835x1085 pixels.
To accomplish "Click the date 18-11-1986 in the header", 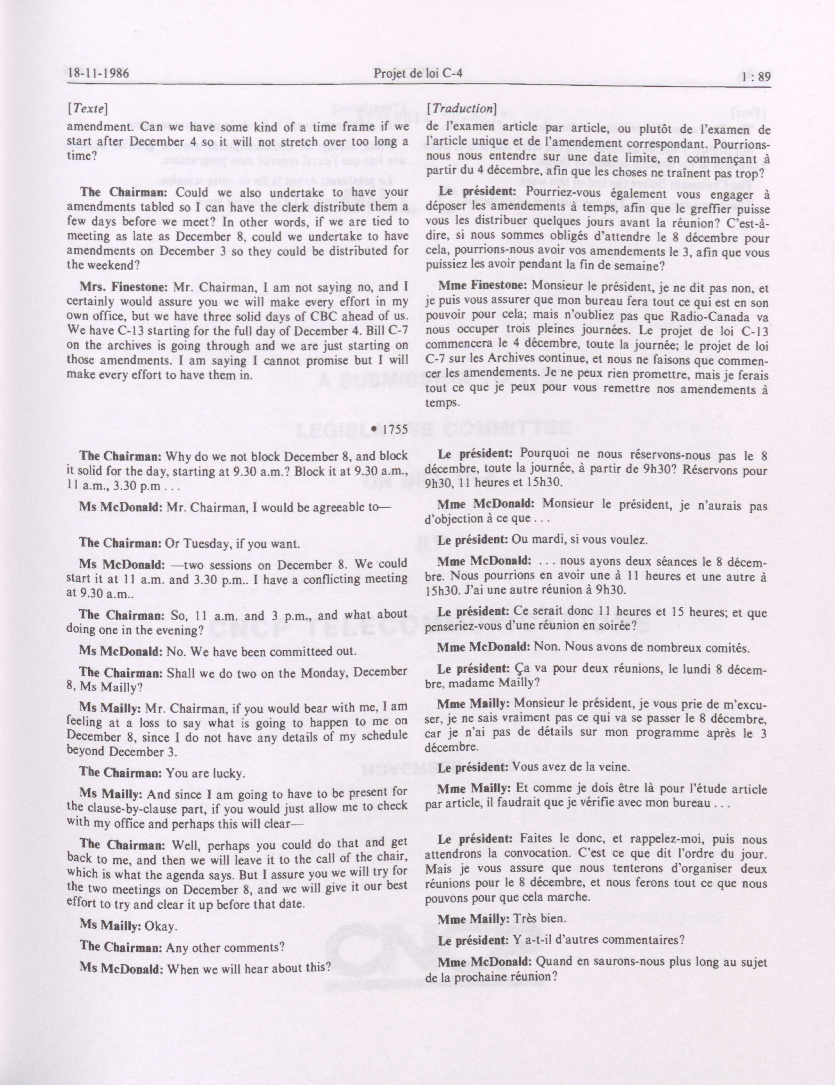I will coord(98,74).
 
